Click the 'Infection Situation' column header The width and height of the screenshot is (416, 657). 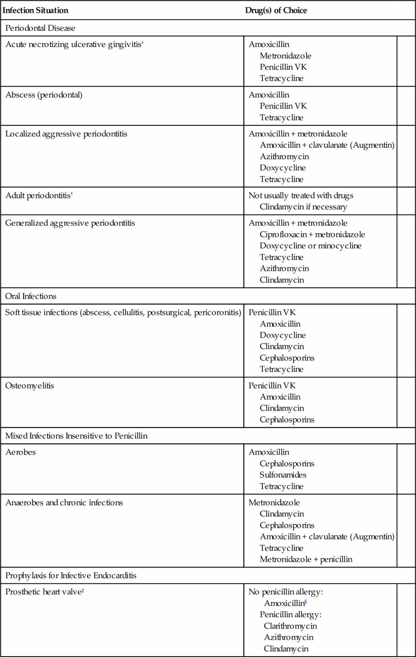click(x=35, y=10)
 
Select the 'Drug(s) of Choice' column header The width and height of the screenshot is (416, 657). click(x=276, y=10)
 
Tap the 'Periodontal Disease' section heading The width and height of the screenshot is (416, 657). click(x=40, y=28)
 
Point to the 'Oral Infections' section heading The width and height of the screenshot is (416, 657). click(x=31, y=296)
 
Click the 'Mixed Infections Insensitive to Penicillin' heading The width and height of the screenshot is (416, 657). click(x=76, y=436)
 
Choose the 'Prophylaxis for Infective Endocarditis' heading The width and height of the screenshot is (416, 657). click(x=71, y=575)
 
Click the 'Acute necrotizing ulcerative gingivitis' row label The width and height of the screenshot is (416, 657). click(x=73, y=45)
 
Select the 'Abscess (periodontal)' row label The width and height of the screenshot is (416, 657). click(x=44, y=95)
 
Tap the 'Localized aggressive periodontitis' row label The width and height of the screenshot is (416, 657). click(x=66, y=134)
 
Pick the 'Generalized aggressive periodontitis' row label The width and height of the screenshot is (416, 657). click(x=70, y=223)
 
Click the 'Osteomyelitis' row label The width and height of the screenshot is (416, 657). click(x=30, y=386)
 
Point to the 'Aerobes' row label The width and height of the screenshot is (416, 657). click(x=20, y=452)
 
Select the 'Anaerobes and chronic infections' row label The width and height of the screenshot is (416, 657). click(x=64, y=503)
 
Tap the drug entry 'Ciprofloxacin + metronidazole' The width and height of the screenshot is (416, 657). click(x=312, y=234)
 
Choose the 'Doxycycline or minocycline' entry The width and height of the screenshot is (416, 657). click(x=310, y=246)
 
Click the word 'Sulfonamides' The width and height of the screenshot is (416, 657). click(x=283, y=475)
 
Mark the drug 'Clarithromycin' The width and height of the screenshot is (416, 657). click(x=290, y=626)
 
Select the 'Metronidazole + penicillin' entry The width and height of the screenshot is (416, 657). click(x=306, y=559)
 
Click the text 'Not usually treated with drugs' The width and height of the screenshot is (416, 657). click(x=301, y=195)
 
